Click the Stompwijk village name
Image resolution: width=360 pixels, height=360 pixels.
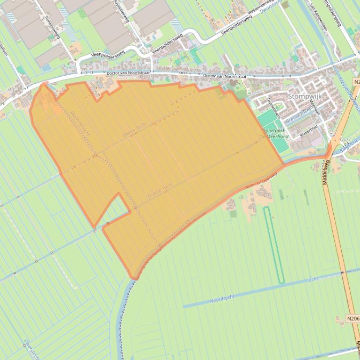tap(305, 97)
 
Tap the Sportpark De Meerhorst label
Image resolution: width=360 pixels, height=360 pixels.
tap(273, 134)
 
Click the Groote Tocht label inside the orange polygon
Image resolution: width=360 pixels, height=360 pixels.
tap(160, 189)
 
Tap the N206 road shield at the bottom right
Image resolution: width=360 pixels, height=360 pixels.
tap(353, 319)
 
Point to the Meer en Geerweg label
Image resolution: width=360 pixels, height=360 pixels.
tap(261, 182)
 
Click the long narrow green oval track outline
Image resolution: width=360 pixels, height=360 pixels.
tap(274, 245)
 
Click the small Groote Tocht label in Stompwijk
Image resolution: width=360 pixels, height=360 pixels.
tap(298, 115)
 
